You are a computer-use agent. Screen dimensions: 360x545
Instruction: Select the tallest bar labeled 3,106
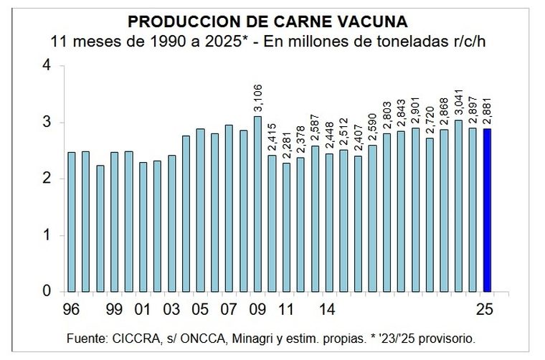point(257,204)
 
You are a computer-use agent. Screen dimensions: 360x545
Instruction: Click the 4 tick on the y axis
point(47,65)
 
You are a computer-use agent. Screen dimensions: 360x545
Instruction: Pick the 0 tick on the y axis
point(47,291)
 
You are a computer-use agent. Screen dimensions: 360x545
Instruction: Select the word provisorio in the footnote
point(445,337)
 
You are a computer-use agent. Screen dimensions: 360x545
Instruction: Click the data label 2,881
point(487,115)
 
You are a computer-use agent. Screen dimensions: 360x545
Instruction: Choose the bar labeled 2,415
point(272,223)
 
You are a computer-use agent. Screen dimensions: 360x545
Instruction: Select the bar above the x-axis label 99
point(114,222)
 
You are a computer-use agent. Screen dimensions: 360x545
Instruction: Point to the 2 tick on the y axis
point(47,179)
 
